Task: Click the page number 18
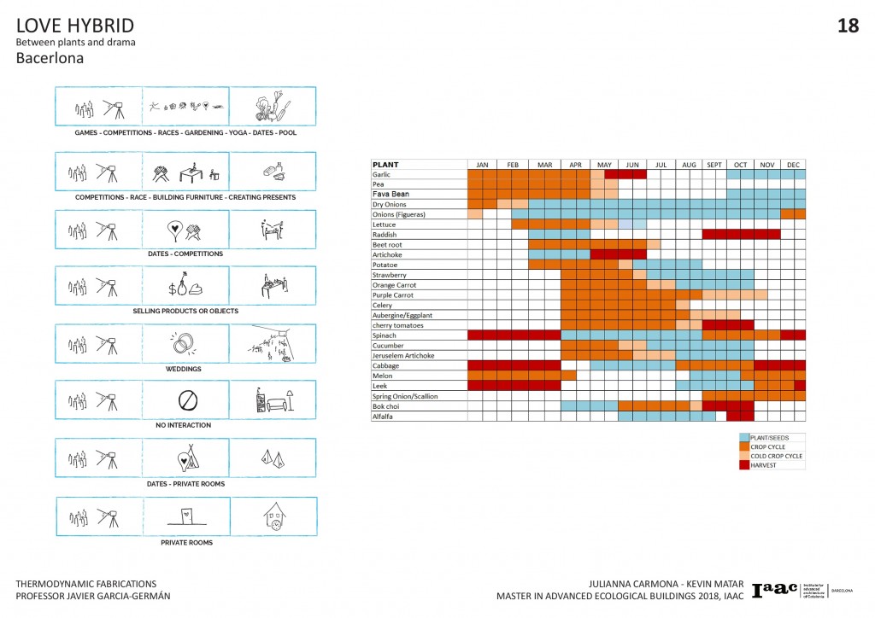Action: tap(848, 26)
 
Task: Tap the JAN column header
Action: tap(482, 164)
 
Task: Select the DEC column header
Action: tap(794, 164)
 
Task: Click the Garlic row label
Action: tap(381, 174)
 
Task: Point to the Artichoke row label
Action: tap(387, 254)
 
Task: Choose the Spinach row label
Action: tap(385, 335)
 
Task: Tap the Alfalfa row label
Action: tap(383, 416)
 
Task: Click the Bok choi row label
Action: tap(385, 406)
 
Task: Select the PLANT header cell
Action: tap(385, 164)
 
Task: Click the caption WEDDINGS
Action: tap(185, 369)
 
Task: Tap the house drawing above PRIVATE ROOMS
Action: tap(273, 516)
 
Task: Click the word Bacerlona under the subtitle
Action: tap(50, 59)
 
